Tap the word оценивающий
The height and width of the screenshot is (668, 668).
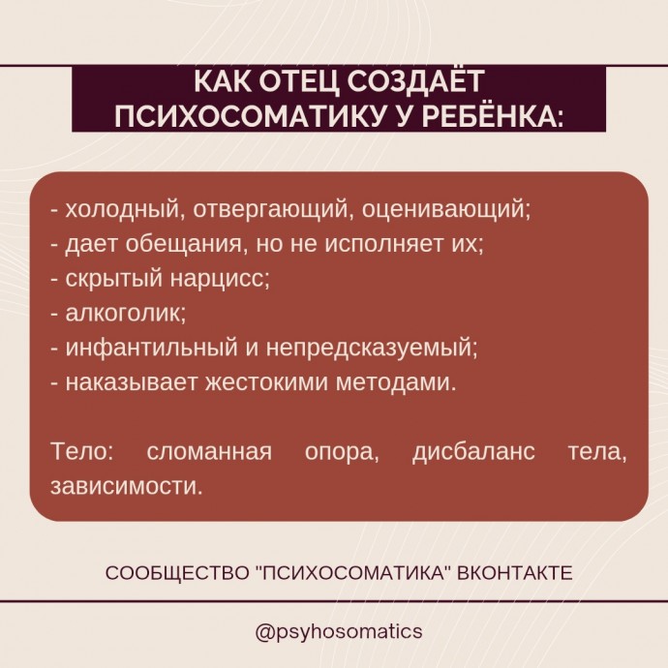pyautogui.click(x=446, y=210)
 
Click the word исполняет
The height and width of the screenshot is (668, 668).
pyautogui.click(x=383, y=245)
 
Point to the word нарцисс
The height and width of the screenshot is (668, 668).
pyautogui.click(x=221, y=279)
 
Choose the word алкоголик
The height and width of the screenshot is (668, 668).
pyautogui.click(x=126, y=313)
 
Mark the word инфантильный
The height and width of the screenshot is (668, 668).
pyautogui.click(x=151, y=348)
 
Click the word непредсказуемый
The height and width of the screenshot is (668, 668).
pyautogui.click(x=373, y=349)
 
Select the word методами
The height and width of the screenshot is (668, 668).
pyautogui.click(x=396, y=382)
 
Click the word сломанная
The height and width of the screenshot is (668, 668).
pyautogui.click(x=209, y=451)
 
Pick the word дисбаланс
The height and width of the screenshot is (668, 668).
pyautogui.click(x=473, y=451)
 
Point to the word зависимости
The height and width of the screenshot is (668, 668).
pyautogui.click(x=127, y=486)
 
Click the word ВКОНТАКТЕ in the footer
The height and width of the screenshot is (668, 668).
pyautogui.click(x=515, y=573)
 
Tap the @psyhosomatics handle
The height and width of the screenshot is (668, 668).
pyautogui.click(x=339, y=631)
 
